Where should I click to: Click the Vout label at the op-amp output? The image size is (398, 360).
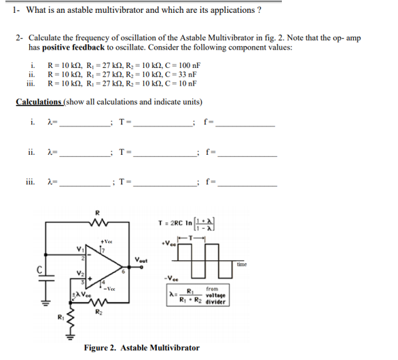pyautogui.click(x=142, y=260)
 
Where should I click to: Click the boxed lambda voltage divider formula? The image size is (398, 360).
pyautogui.click(x=198, y=297)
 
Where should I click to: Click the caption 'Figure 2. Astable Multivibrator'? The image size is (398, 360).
pyautogui.click(x=141, y=348)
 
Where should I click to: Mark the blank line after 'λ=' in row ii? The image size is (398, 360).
pyautogui.click(x=86, y=154)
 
